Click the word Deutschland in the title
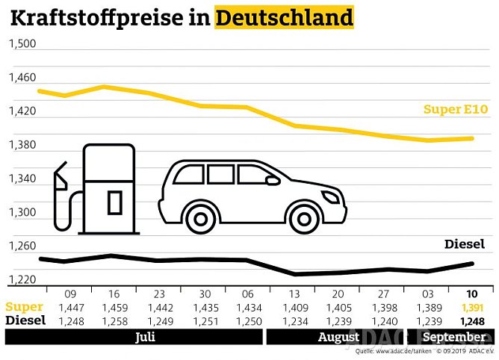point(284,16)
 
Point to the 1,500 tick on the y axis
point(22,44)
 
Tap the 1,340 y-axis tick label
point(22,179)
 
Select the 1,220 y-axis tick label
point(22,280)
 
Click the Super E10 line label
point(455,110)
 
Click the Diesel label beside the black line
point(464,244)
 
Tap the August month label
point(338,338)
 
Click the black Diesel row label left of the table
point(25,320)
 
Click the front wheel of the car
point(305,217)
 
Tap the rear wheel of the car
point(200,217)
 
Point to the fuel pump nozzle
point(60,178)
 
